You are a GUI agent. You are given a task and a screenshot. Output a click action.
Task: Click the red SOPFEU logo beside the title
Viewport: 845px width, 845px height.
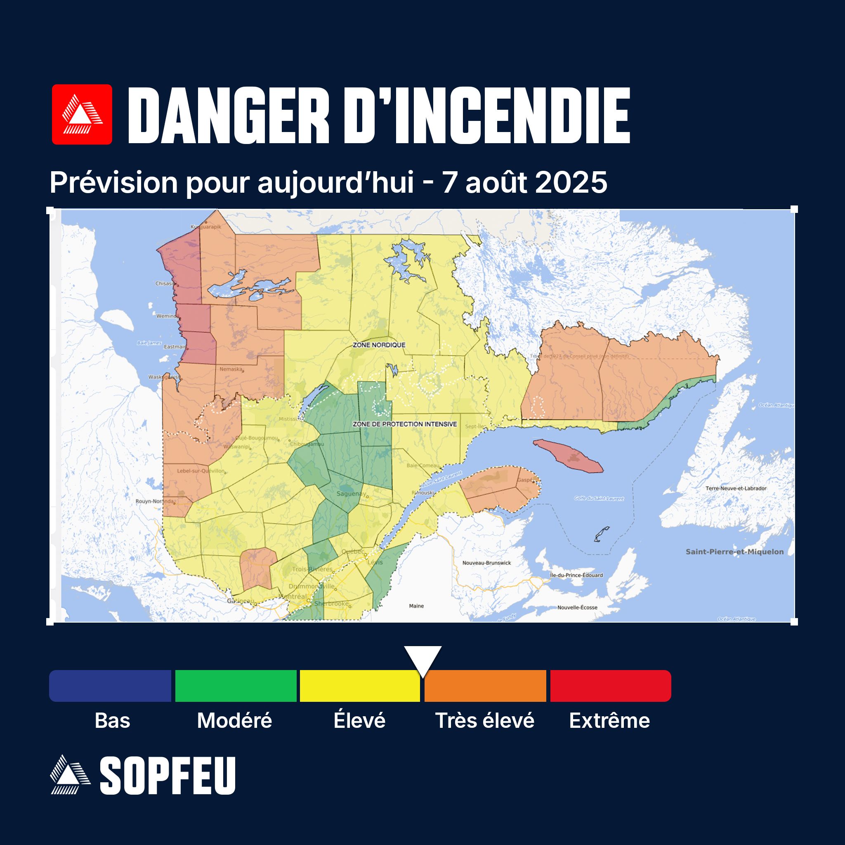point(82,114)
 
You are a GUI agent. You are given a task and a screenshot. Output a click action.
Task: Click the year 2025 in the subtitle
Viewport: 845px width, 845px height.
point(571,182)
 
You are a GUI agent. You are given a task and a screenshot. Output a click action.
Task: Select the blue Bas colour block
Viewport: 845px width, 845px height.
point(110,686)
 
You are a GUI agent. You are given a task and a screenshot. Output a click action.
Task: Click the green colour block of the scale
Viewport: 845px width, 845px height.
point(236,686)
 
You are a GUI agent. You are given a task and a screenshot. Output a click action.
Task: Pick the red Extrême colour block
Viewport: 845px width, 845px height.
point(610,686)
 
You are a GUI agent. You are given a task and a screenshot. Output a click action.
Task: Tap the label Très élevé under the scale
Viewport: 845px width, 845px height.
point(485,721)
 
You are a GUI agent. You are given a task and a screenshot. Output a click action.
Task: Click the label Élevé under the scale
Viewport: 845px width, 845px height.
point(359,721)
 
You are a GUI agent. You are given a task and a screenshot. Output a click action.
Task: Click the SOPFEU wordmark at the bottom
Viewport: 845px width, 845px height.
point(168,776)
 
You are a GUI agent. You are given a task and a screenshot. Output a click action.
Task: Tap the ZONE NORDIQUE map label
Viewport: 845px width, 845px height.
point(379,345)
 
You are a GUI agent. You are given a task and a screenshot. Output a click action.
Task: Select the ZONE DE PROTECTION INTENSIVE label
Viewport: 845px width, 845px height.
point(405,424)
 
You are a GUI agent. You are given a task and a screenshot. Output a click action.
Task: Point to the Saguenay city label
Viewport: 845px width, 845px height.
point(351,494)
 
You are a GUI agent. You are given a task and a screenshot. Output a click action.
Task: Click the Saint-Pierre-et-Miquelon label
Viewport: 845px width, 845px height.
point(734,552)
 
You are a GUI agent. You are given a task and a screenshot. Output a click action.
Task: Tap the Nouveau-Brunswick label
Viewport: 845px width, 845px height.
point(486,563)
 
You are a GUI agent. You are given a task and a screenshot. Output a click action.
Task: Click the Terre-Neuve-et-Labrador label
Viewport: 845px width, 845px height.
point(736,488)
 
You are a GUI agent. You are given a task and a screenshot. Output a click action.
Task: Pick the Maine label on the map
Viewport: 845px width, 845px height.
point(416,606)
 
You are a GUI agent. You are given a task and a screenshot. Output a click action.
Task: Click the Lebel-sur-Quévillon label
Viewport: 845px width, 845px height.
point(200,471)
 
